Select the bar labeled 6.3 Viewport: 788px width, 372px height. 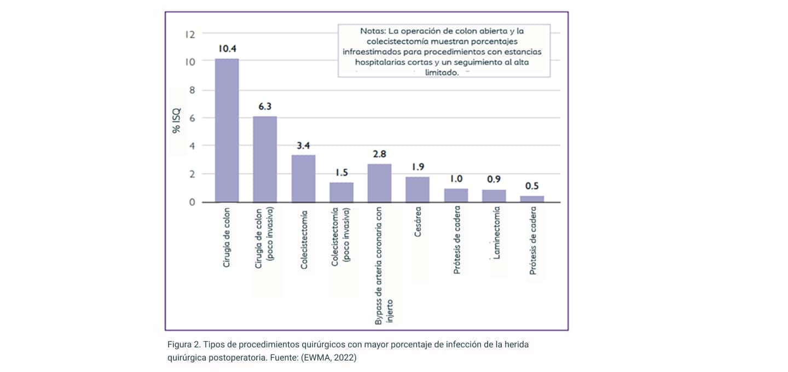pos(265,159)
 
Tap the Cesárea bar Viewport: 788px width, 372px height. pos(417,189)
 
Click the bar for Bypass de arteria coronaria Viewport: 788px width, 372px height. pos(379,183)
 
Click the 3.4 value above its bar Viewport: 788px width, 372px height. pos(303,146)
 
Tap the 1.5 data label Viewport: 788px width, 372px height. pos(341,173)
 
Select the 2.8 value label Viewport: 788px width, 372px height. pos(379,154)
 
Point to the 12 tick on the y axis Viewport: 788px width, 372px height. pos(190,34)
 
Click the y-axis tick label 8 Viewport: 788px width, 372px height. pos(192,90)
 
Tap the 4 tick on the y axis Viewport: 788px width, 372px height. pos(192,146)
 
